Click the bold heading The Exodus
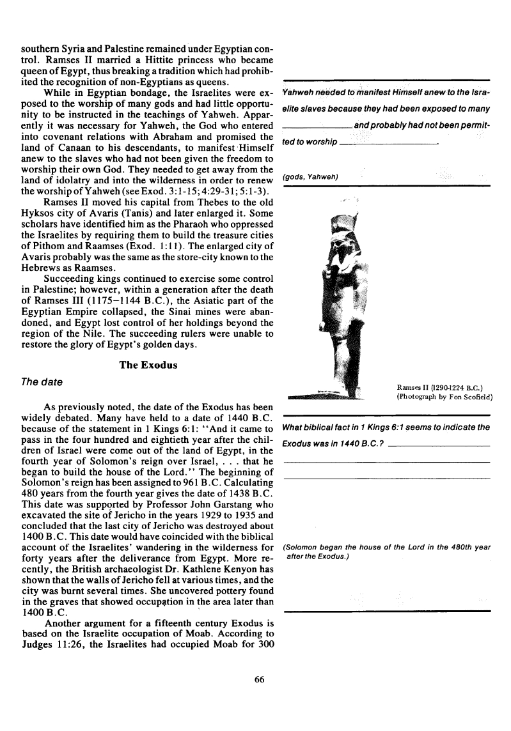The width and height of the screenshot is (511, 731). click(x=148, y=365)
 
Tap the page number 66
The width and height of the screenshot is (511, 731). click(x=259, y=679)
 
